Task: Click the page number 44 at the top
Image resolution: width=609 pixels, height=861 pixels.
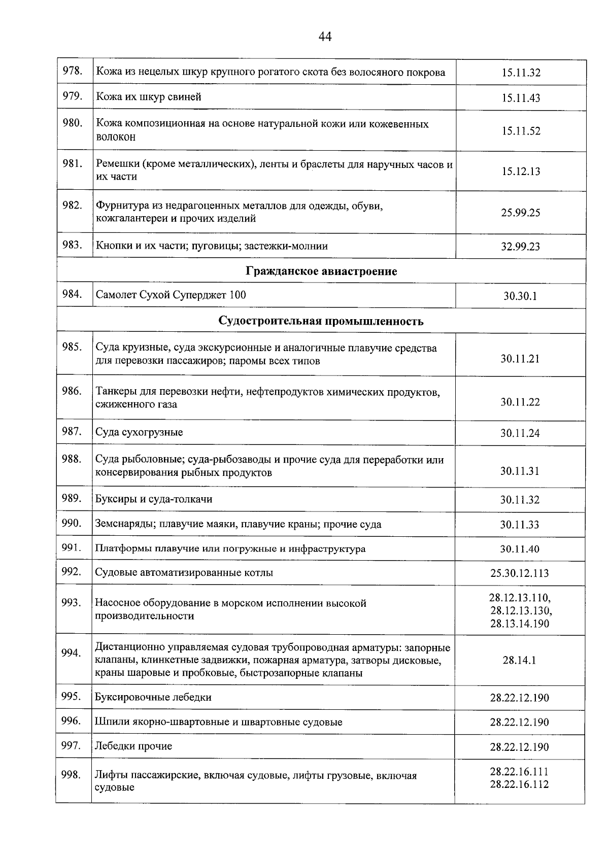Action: pyautogui.click(x=325, y=37)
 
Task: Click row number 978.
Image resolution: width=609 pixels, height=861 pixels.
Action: pyautogui.click(x=72, y=71)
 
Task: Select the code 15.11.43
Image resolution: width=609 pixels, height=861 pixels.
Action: pyautogui.click(x=521, y=98)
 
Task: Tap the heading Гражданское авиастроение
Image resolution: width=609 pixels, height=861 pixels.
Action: pyautogui.click(x=321, y=271)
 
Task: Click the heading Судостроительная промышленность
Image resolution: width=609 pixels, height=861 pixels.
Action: pyautogui.click(x=321, y=321)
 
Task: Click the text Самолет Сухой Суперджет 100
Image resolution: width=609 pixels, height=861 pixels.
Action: pyautogui.click(x=171, y=295)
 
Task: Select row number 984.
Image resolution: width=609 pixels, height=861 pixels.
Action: pyautogui.click(x=72, y=294)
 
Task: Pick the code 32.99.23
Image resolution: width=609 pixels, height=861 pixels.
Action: pyautogui.click(x=521, y=247)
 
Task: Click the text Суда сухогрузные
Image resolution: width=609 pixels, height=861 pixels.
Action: pyautogui.click(x=139, y=432)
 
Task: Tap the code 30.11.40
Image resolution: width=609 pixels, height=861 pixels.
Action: pyautogui.click(x=520, y=549)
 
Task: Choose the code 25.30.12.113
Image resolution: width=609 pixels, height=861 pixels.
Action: pyautogui.click(x=520, y=573)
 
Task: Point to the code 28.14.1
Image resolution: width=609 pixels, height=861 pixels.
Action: pyautogui.click(x=520, y=660)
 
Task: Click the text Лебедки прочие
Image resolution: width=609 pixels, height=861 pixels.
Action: pyautogui.click(x=133, y=746)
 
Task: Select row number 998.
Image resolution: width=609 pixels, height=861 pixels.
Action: pyautogui.click(x=71, y=775)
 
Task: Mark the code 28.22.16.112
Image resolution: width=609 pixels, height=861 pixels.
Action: pyautogui.click(x=519, y=784)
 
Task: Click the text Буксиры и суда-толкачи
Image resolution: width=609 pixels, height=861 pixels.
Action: pyautogui.click(x=154, y=499)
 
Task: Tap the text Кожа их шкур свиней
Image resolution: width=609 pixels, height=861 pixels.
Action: pyautogui.click(x=149, y=96)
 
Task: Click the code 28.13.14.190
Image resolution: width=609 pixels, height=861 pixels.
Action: pyautogui.click(x=520, y=624)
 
